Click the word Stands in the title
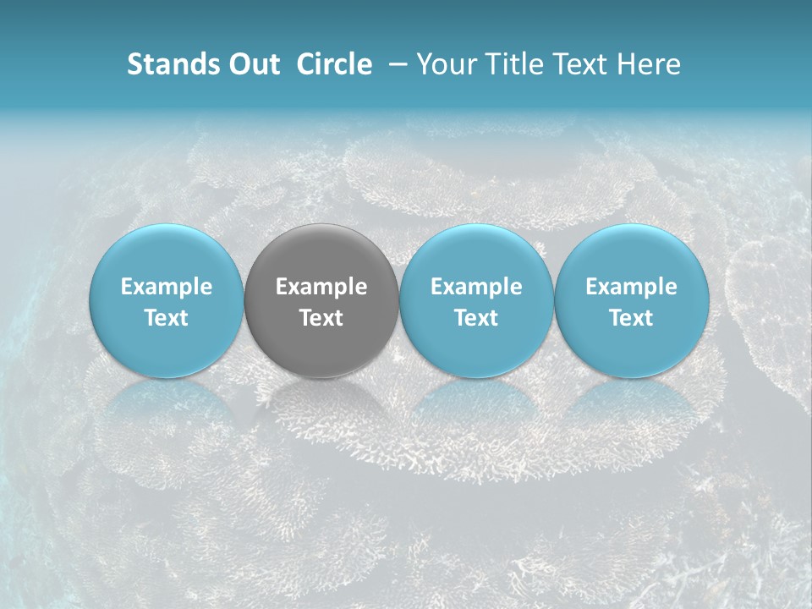coord(173,64)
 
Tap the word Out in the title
coord(254,64)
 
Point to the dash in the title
coord(395,64)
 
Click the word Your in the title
coord(442,64)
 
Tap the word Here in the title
coord(649,64)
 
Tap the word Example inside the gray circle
coord(321,287)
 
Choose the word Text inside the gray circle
coord(321,318)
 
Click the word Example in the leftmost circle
coord(166,287)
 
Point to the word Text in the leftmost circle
coord(166,318)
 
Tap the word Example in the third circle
coord(476,287)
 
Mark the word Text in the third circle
coord(476,318)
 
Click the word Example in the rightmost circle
coord(631,287)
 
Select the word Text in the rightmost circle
coord(631,318)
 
